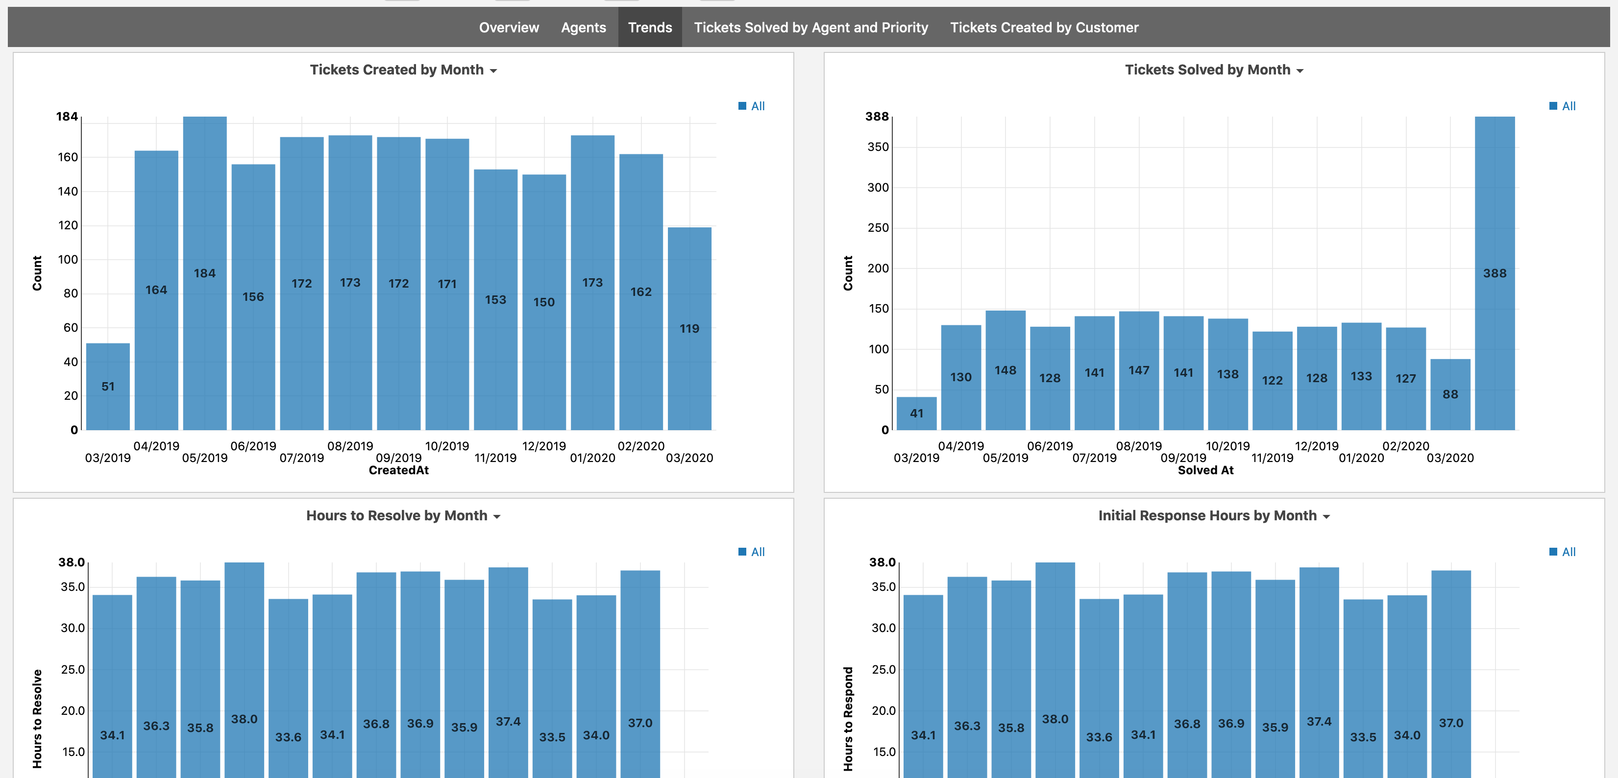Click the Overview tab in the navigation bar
(508, 27)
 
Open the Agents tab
(583, 27)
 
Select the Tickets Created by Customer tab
(1043, 27)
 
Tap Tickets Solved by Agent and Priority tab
(810, 27)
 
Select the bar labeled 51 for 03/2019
(108, 386)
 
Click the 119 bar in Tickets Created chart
(689, 328)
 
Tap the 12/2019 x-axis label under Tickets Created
(543, 446)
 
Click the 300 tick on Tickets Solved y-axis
(878, 187)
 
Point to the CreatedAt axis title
(398, 470)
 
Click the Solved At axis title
(1205, 470)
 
